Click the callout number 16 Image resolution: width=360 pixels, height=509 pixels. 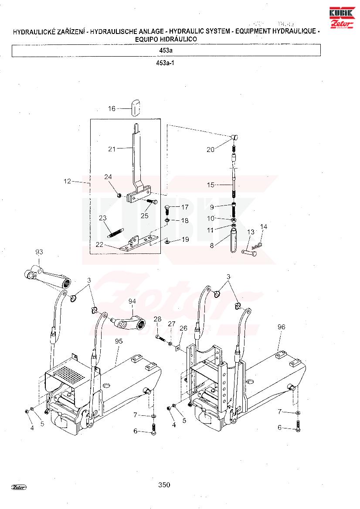[x=112, y=108]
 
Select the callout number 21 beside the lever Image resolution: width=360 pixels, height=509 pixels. [x=112, y=149]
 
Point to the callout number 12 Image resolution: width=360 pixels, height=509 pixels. [x=67, y=181]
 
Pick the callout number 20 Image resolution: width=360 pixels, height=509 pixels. [x=211, y=149]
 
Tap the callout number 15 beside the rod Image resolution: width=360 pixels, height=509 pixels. [x=211, y=185]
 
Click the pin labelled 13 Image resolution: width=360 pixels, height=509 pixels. [x=249, y=252]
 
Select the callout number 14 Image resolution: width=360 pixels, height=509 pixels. [x=264, y=226]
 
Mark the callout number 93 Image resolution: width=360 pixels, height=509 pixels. [x=39, y=252]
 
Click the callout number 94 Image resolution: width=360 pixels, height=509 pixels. [x=132, y=301]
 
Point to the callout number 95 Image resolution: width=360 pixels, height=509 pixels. [x=119, y=341]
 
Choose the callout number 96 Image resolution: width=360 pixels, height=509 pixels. [x=282, y=327]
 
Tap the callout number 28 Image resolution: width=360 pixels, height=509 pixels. [x=158, y=319]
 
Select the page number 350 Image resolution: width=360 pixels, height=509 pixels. [x=164, y=485]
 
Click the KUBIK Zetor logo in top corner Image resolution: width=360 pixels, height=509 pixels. [x=342, y=17]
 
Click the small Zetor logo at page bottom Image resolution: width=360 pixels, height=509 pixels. [x=19, y=487]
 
